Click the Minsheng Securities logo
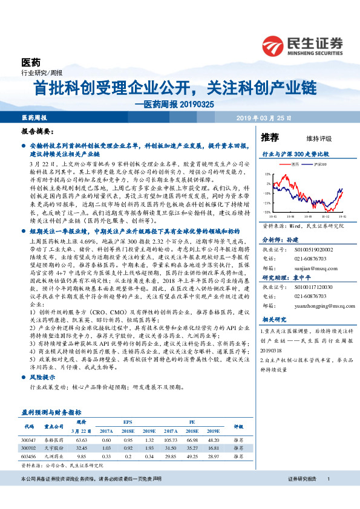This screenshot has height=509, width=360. tap(302, 45)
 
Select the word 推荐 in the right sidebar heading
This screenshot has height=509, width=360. tap(269, 138)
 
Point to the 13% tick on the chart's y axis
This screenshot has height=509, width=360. tap(267, 174)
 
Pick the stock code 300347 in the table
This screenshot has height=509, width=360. tap(30, 442)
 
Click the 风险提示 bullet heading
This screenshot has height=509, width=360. tap(42, 375)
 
